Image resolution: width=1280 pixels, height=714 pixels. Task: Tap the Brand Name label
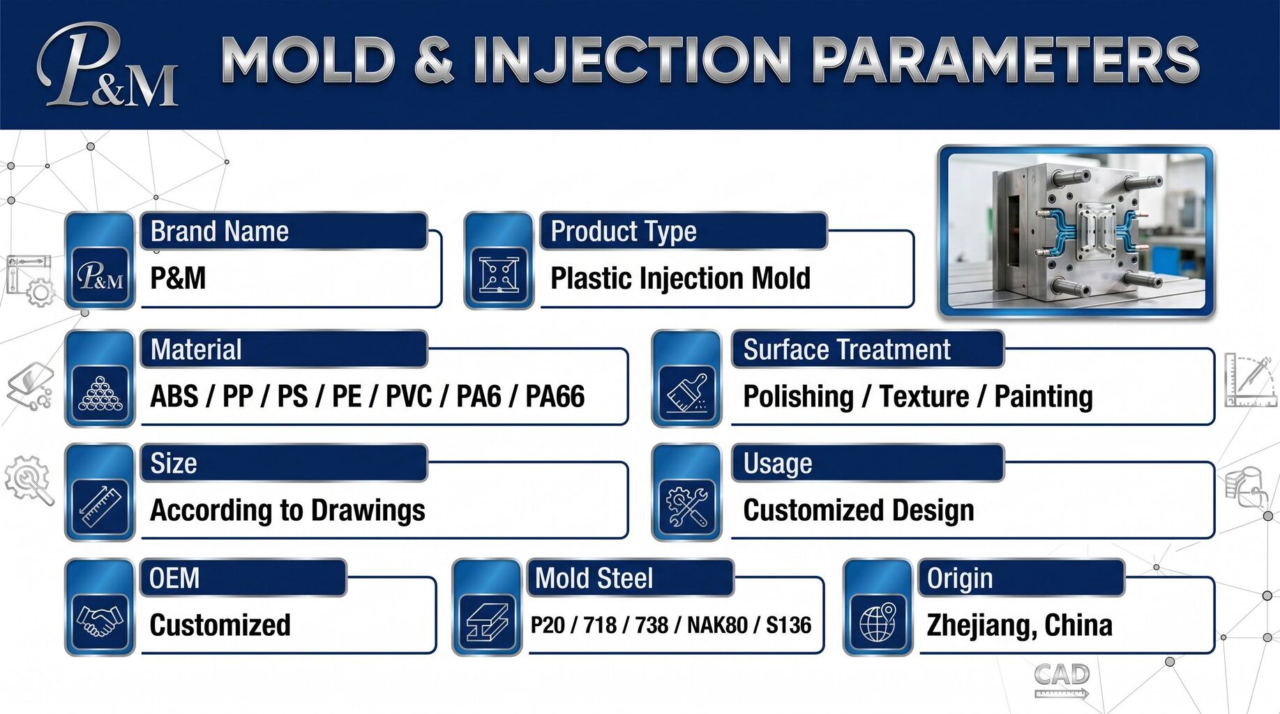220,231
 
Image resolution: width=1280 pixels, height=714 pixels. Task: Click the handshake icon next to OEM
100,621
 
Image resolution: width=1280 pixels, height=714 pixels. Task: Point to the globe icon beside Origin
878,621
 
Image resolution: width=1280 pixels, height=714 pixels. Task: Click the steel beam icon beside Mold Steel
488,621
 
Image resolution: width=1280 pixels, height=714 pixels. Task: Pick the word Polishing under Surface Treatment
799,397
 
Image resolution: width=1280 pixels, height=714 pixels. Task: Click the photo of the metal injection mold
1076,231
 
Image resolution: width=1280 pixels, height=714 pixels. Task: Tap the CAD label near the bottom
1061,674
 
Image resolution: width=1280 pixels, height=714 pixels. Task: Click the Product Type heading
624,231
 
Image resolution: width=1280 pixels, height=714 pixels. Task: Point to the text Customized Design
859,510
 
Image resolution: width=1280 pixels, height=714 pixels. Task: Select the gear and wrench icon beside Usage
687,507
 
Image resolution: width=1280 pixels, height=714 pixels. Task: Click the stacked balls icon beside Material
100,393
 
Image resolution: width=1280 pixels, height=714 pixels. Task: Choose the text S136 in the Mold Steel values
789,625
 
